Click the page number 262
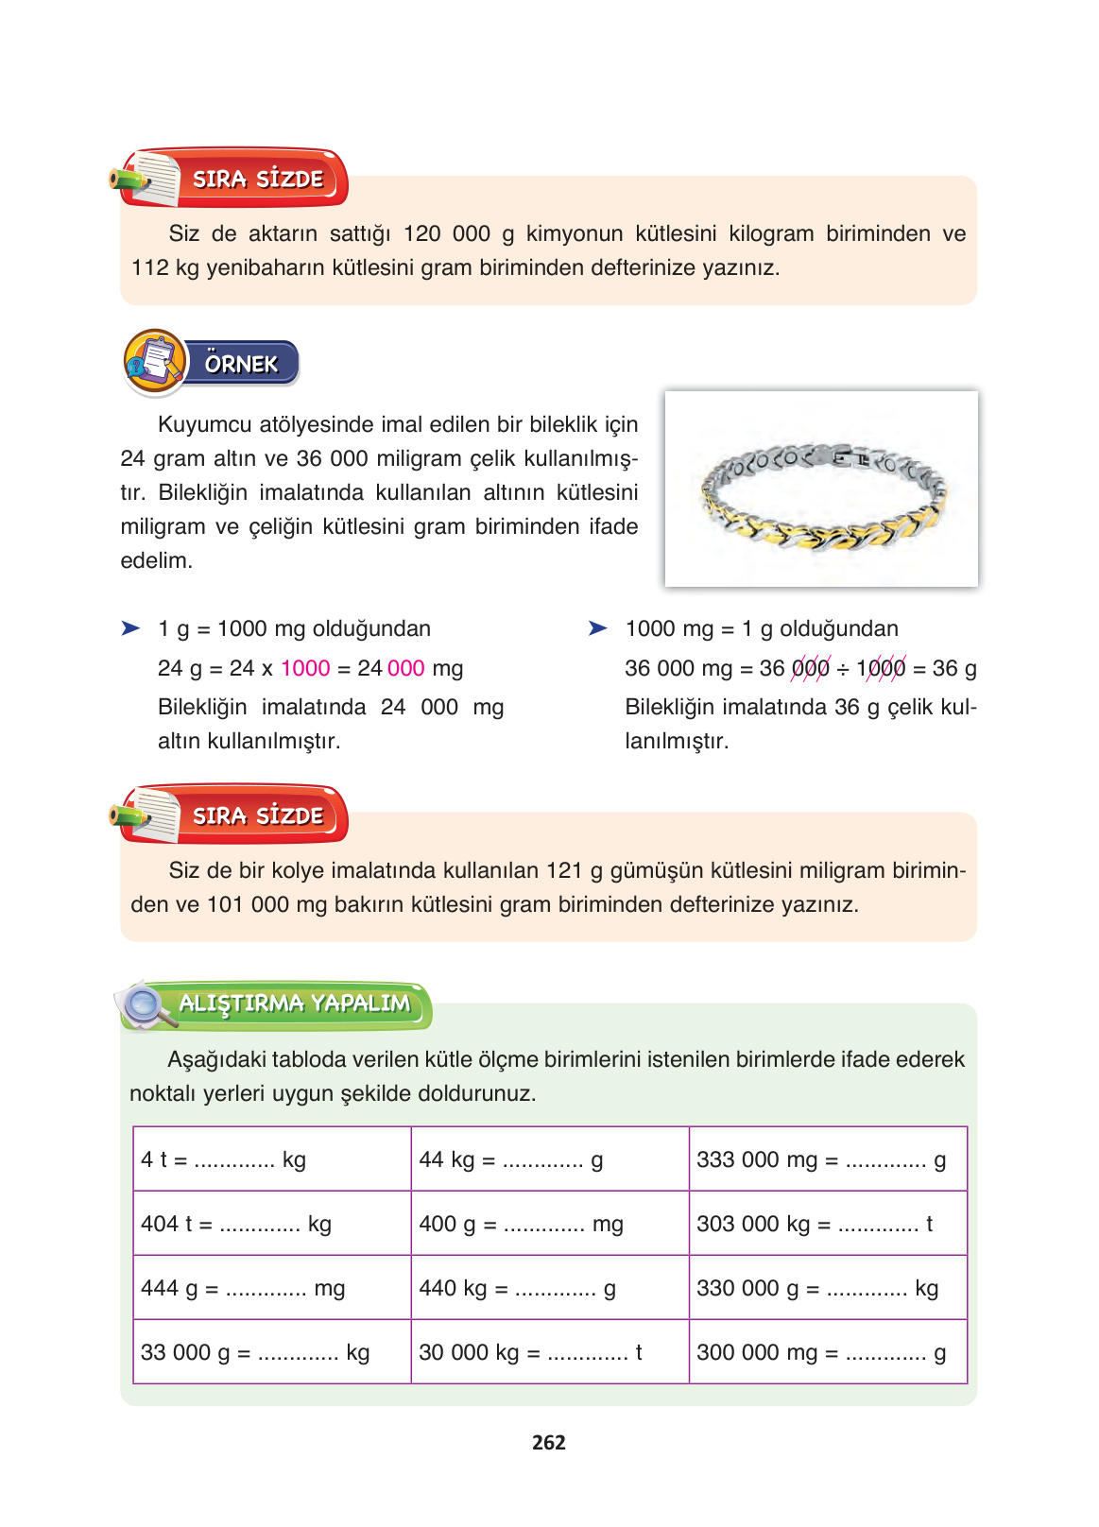tap(548, 1442)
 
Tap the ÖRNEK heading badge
tap(240, 364)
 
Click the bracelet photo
tap(821, 489)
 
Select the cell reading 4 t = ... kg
tap(272, 1158)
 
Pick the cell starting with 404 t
tap(272, 1223)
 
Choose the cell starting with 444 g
tap(272, 1287)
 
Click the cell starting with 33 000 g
tap(272, 1351)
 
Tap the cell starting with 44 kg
tap(550, 1158)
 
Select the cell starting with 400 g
tap(550, 1223)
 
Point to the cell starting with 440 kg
tap(550, 1287)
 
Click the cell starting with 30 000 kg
tap(550, 1351)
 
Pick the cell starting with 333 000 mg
tap(828, 1158)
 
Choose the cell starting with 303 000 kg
tap(828, 1223)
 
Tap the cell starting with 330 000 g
tap(828, 1287)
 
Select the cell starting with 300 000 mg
tap(828, 1351)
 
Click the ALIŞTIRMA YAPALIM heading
tap(295, 1004)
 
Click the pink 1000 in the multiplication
tap(305, 668)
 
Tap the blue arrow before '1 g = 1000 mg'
tap(130, 628)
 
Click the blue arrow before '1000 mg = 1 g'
tap(597, 628)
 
